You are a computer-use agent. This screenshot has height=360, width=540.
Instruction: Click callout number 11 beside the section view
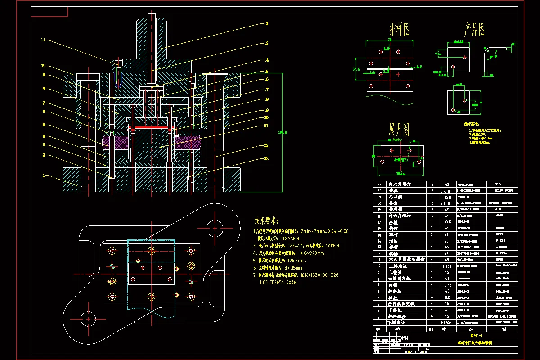pos(43,40)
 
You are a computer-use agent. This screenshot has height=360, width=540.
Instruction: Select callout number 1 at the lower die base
pos(44,175)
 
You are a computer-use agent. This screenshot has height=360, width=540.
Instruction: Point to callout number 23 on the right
pos(266,158)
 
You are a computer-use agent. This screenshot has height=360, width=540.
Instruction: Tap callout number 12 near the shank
pos(266,23)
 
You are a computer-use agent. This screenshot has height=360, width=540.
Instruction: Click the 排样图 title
pos(400,30)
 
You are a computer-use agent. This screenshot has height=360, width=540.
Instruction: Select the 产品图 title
pos(474,30)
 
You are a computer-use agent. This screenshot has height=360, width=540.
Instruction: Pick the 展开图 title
pos(399,130)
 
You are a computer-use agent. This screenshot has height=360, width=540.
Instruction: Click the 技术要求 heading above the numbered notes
pos(267,221)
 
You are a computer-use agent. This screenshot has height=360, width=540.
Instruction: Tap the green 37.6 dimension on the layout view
pos(356,69)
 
